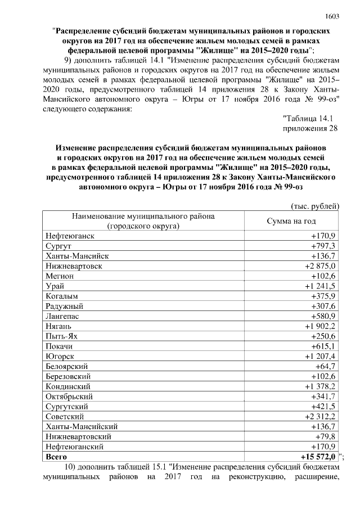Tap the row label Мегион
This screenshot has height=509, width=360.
(x=59, y=276)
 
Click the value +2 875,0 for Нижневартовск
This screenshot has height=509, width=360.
(x=320, y=265)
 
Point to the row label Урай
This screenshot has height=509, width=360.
(x=55, y=286)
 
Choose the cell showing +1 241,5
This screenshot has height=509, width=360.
(x=320, y=286)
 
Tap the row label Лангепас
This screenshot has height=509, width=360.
(x=62, y=316)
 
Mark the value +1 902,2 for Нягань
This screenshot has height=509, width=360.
(x=320, y=326)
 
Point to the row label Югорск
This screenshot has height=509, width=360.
(x=60, y=357)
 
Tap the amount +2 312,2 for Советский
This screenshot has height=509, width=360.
(x=320, y=416)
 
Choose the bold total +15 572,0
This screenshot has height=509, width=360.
(x=318, y=457)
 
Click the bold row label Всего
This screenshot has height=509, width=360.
(x=56, y=457)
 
